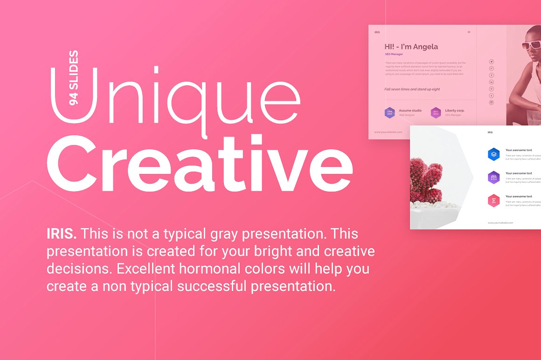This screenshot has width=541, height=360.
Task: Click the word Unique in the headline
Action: click(x=175, y=96)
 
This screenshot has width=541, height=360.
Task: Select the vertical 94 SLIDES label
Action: click(x=73, y=78)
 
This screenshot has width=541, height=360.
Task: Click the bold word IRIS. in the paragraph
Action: click(x=62, y=233)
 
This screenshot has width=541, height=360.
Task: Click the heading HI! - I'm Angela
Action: click(x=411, y=47)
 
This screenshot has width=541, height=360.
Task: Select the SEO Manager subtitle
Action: click(x=394, y=54)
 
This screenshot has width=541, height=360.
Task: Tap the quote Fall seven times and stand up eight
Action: click(x=412, y=89)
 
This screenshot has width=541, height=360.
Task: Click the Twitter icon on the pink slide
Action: click(x=491, y=62)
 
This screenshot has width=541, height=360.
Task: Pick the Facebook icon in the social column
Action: click(x=491, y=75)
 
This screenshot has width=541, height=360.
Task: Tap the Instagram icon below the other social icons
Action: click(x=491, y=103)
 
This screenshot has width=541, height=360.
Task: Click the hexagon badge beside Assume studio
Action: click(x=389, y=112)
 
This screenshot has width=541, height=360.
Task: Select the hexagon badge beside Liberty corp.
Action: click(x=436, y=112)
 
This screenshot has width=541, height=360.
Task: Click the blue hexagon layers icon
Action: click(x=493, y=154)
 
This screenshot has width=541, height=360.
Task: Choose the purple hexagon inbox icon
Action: click(x=493, y=177)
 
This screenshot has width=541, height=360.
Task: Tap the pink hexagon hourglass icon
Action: click(x=493, y=201)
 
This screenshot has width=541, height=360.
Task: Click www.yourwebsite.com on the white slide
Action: click(x=500, y=223)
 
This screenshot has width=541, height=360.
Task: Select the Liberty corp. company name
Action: click(x=455, y=111)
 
